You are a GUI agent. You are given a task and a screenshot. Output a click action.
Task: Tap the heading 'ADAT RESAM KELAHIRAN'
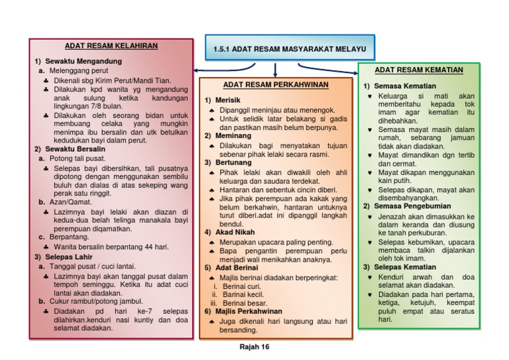(111, 46)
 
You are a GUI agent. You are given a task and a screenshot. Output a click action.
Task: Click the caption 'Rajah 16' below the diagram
(254, 347)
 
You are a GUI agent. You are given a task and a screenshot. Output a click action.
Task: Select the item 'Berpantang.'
(69, 237)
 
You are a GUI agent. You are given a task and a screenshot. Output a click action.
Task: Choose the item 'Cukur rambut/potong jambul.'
(93, 300)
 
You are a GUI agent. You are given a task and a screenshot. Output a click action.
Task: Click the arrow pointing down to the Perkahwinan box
(274, 70)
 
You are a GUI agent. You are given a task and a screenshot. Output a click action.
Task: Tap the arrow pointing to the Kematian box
(331, 68)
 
